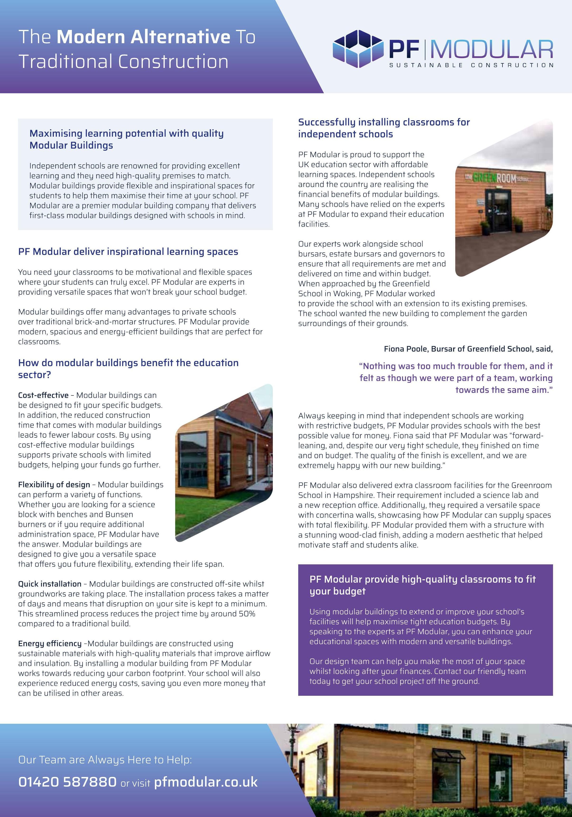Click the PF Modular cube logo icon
point(358,49)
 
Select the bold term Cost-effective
point(43,395)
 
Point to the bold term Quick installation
point(50,584)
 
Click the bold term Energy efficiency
point(50,643)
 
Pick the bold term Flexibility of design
point(54,485)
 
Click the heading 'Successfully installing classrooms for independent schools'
point(384,128)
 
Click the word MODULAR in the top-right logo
point(492,49)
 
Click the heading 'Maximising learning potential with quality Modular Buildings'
point(126,139)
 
